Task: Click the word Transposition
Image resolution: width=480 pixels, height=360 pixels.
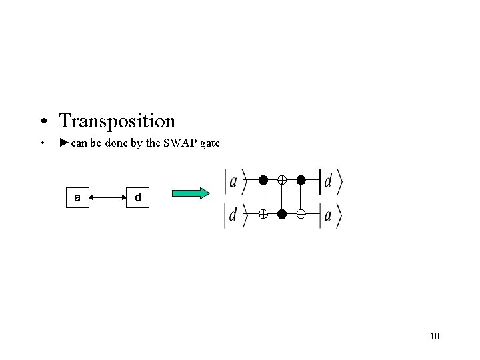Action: (x=117, y=121)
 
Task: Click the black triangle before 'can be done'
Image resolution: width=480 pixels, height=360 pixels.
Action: (x=63, y=143)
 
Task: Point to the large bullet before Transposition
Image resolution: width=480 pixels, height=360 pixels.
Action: (x=43, y=121)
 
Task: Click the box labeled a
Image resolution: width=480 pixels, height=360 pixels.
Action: (x=78, y=197)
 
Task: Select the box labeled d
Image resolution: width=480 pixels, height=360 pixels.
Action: (x=137, y=197)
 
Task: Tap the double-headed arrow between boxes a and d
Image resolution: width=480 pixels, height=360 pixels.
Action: (x=107, y=197)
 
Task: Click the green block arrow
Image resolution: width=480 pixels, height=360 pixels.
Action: (x=191, y=193)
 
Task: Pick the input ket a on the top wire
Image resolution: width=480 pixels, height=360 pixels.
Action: (x=234, y=181)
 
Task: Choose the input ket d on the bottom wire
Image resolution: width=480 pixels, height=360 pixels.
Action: (x=234, y=215)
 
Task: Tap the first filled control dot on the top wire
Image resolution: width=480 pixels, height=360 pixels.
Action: (x=263, y=180)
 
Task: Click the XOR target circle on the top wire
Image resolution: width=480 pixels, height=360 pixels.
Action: (x=282, y=180)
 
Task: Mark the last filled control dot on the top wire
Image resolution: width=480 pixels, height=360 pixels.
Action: (x=301, y=180)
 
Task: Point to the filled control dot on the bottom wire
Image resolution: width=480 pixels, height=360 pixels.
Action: (x=282, y=214)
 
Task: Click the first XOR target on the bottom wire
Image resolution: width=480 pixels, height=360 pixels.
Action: (x=263, y=214)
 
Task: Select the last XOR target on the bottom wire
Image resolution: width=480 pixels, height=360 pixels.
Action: (x=301, y=214)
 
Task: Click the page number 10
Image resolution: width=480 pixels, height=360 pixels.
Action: (x=435, y=335)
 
